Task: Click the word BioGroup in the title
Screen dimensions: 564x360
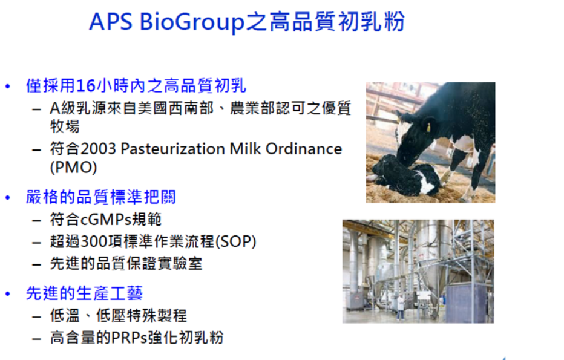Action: coord(192,22)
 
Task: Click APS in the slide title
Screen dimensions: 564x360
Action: coord(111,22)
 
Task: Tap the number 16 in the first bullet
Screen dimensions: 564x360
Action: coord(86,86)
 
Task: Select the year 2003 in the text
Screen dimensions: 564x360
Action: coord(98,149)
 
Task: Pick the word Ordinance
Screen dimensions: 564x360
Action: coord(304,149)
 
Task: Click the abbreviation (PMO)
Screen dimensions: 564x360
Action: coord(73,167)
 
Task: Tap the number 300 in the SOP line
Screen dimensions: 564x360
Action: coord(94,241)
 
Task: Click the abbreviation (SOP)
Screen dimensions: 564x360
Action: coord(235,241)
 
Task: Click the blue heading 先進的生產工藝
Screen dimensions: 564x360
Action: coord(84,293)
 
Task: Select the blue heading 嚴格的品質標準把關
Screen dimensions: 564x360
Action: coord(100,197)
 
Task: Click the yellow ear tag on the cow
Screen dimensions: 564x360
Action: coord(428,127)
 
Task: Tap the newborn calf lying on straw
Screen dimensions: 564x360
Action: coord(407,175)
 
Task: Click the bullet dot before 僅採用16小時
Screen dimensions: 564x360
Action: coord(8,87)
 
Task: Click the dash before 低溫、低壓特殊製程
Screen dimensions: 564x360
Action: coord(36,317)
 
